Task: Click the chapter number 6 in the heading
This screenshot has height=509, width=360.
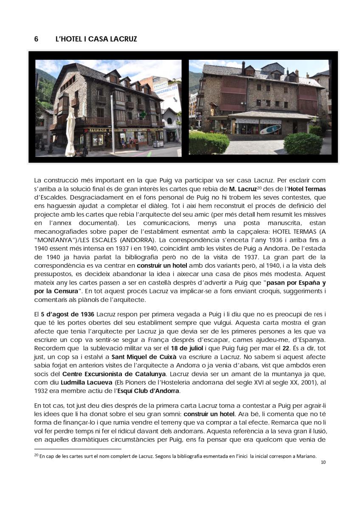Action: [x=36, y=39]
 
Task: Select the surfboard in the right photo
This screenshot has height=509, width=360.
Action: [x=270, y=129]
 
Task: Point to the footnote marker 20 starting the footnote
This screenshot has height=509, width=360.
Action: [x=36, y=456]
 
